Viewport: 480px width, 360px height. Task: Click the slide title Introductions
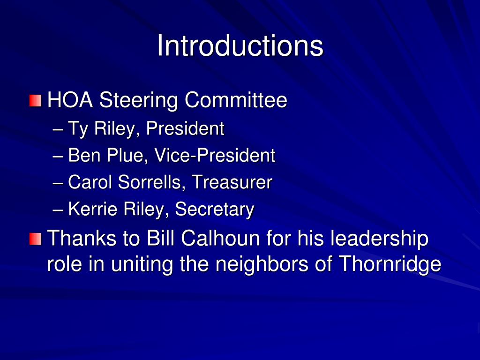[240, 46]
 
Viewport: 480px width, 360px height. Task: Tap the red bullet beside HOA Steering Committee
[35, 101]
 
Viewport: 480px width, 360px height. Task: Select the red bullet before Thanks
[35, 239]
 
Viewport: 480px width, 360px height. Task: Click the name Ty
[78, 129]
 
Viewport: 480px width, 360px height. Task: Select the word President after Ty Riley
[185, 128]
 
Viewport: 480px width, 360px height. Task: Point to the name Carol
[90, 182]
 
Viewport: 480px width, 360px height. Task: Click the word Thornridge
[390, 265]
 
